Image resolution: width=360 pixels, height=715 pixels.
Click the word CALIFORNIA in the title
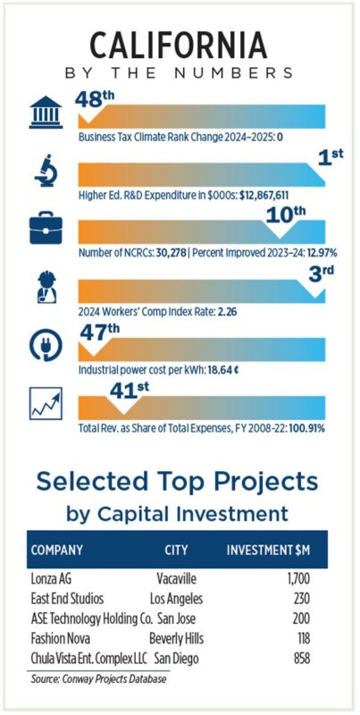click(179, 47)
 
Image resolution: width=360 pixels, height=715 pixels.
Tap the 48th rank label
click(95, 98)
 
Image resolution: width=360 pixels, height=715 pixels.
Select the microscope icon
click(46, 170)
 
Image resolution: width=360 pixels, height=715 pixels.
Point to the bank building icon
click(46, 113)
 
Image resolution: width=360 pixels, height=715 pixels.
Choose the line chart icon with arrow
click(46, 404)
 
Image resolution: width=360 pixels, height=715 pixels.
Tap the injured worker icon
click(46, 287)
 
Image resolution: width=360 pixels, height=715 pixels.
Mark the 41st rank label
click(130, 390)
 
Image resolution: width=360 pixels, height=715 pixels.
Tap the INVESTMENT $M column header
click(268, 550)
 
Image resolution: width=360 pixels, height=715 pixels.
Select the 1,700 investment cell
click(299, 579)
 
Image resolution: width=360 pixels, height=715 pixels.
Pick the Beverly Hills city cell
click(176, 638)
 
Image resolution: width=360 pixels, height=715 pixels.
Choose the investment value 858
click(301, 659)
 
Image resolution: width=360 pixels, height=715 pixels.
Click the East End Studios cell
click(67, 599)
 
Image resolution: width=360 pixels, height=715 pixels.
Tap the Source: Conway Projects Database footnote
click(98, 679)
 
